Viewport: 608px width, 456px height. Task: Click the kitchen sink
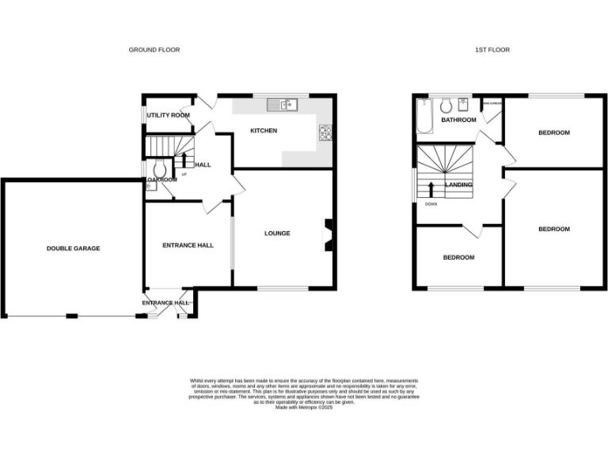point(281,104)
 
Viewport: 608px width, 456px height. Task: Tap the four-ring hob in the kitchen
point(325,133)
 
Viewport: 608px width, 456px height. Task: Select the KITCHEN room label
point(264,131)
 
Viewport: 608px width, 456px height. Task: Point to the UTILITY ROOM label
point(168,116)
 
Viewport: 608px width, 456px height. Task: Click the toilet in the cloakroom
point(159,169)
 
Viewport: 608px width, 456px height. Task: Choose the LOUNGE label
point(277,234)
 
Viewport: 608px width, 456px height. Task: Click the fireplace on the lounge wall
point(327,234)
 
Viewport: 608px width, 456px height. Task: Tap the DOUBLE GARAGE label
point(73,249)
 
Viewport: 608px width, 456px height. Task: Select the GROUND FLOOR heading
point(154,50)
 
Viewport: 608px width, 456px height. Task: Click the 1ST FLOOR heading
point(492,50)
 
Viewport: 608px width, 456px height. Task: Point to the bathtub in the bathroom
point(423,118)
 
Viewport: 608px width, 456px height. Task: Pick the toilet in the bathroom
point(446,105)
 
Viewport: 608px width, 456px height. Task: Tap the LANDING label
point(459,185)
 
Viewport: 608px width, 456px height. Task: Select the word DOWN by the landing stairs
point(431,204)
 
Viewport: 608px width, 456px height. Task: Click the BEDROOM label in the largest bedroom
point(553,230)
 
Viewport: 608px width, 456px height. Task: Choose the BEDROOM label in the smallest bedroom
point(458,258)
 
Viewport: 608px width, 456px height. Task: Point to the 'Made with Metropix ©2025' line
point(303,408)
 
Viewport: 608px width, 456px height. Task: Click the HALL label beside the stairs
point(203,165)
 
